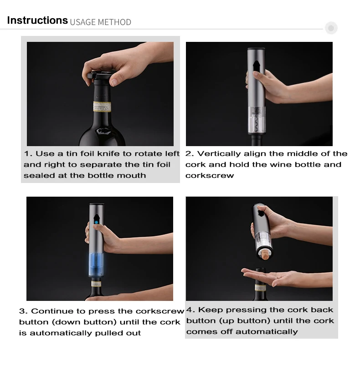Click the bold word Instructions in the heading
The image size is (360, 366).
click(37, 20)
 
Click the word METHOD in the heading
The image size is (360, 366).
click(114, 22)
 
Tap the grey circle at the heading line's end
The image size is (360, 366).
click(331, 28)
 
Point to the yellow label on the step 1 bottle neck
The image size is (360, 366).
click(102, 107)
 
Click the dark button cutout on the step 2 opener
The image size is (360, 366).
click(256, 66)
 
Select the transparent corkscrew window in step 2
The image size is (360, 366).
click(257, 120)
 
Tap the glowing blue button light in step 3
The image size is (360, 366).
click(96, 222)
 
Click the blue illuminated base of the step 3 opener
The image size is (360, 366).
click(96, 265)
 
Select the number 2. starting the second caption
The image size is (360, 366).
click(190, 153)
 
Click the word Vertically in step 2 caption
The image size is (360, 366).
click(219, 154)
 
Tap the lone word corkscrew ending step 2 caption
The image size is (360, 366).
click(210, 176)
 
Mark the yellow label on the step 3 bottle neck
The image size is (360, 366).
click(96, 285)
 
